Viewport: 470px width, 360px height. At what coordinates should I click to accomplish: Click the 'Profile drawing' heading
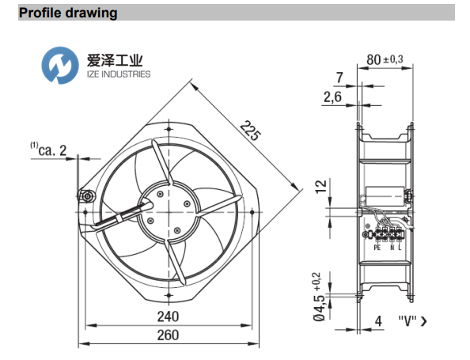(68, 13)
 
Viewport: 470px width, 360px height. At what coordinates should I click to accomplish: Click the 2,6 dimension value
(334, 97)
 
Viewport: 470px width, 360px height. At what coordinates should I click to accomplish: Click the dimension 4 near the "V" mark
(379, 322)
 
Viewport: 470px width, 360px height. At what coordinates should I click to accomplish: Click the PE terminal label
(377, 247)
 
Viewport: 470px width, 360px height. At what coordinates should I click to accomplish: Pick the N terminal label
(390, 247)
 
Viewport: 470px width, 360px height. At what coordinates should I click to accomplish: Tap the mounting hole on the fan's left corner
(89, 195)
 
